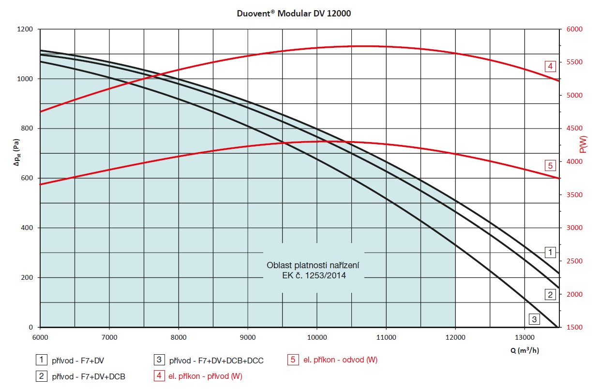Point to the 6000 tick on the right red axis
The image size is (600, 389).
(x=575, y=29)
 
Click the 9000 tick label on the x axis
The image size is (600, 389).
(x=248, y=337)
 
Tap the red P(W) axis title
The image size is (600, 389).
(x=583, y=144)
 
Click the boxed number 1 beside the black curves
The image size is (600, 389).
(x=550, y=252)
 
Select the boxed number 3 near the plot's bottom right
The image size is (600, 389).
(x=534, y=319)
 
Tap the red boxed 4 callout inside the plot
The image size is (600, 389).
(x=550, y=66)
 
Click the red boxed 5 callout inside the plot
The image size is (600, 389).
(x=550, y=166)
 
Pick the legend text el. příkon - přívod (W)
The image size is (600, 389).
(x=205, y=376)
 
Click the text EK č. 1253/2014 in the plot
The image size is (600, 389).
(x=314, y=276)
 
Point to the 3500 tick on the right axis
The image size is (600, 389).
(x=575, y=195)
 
